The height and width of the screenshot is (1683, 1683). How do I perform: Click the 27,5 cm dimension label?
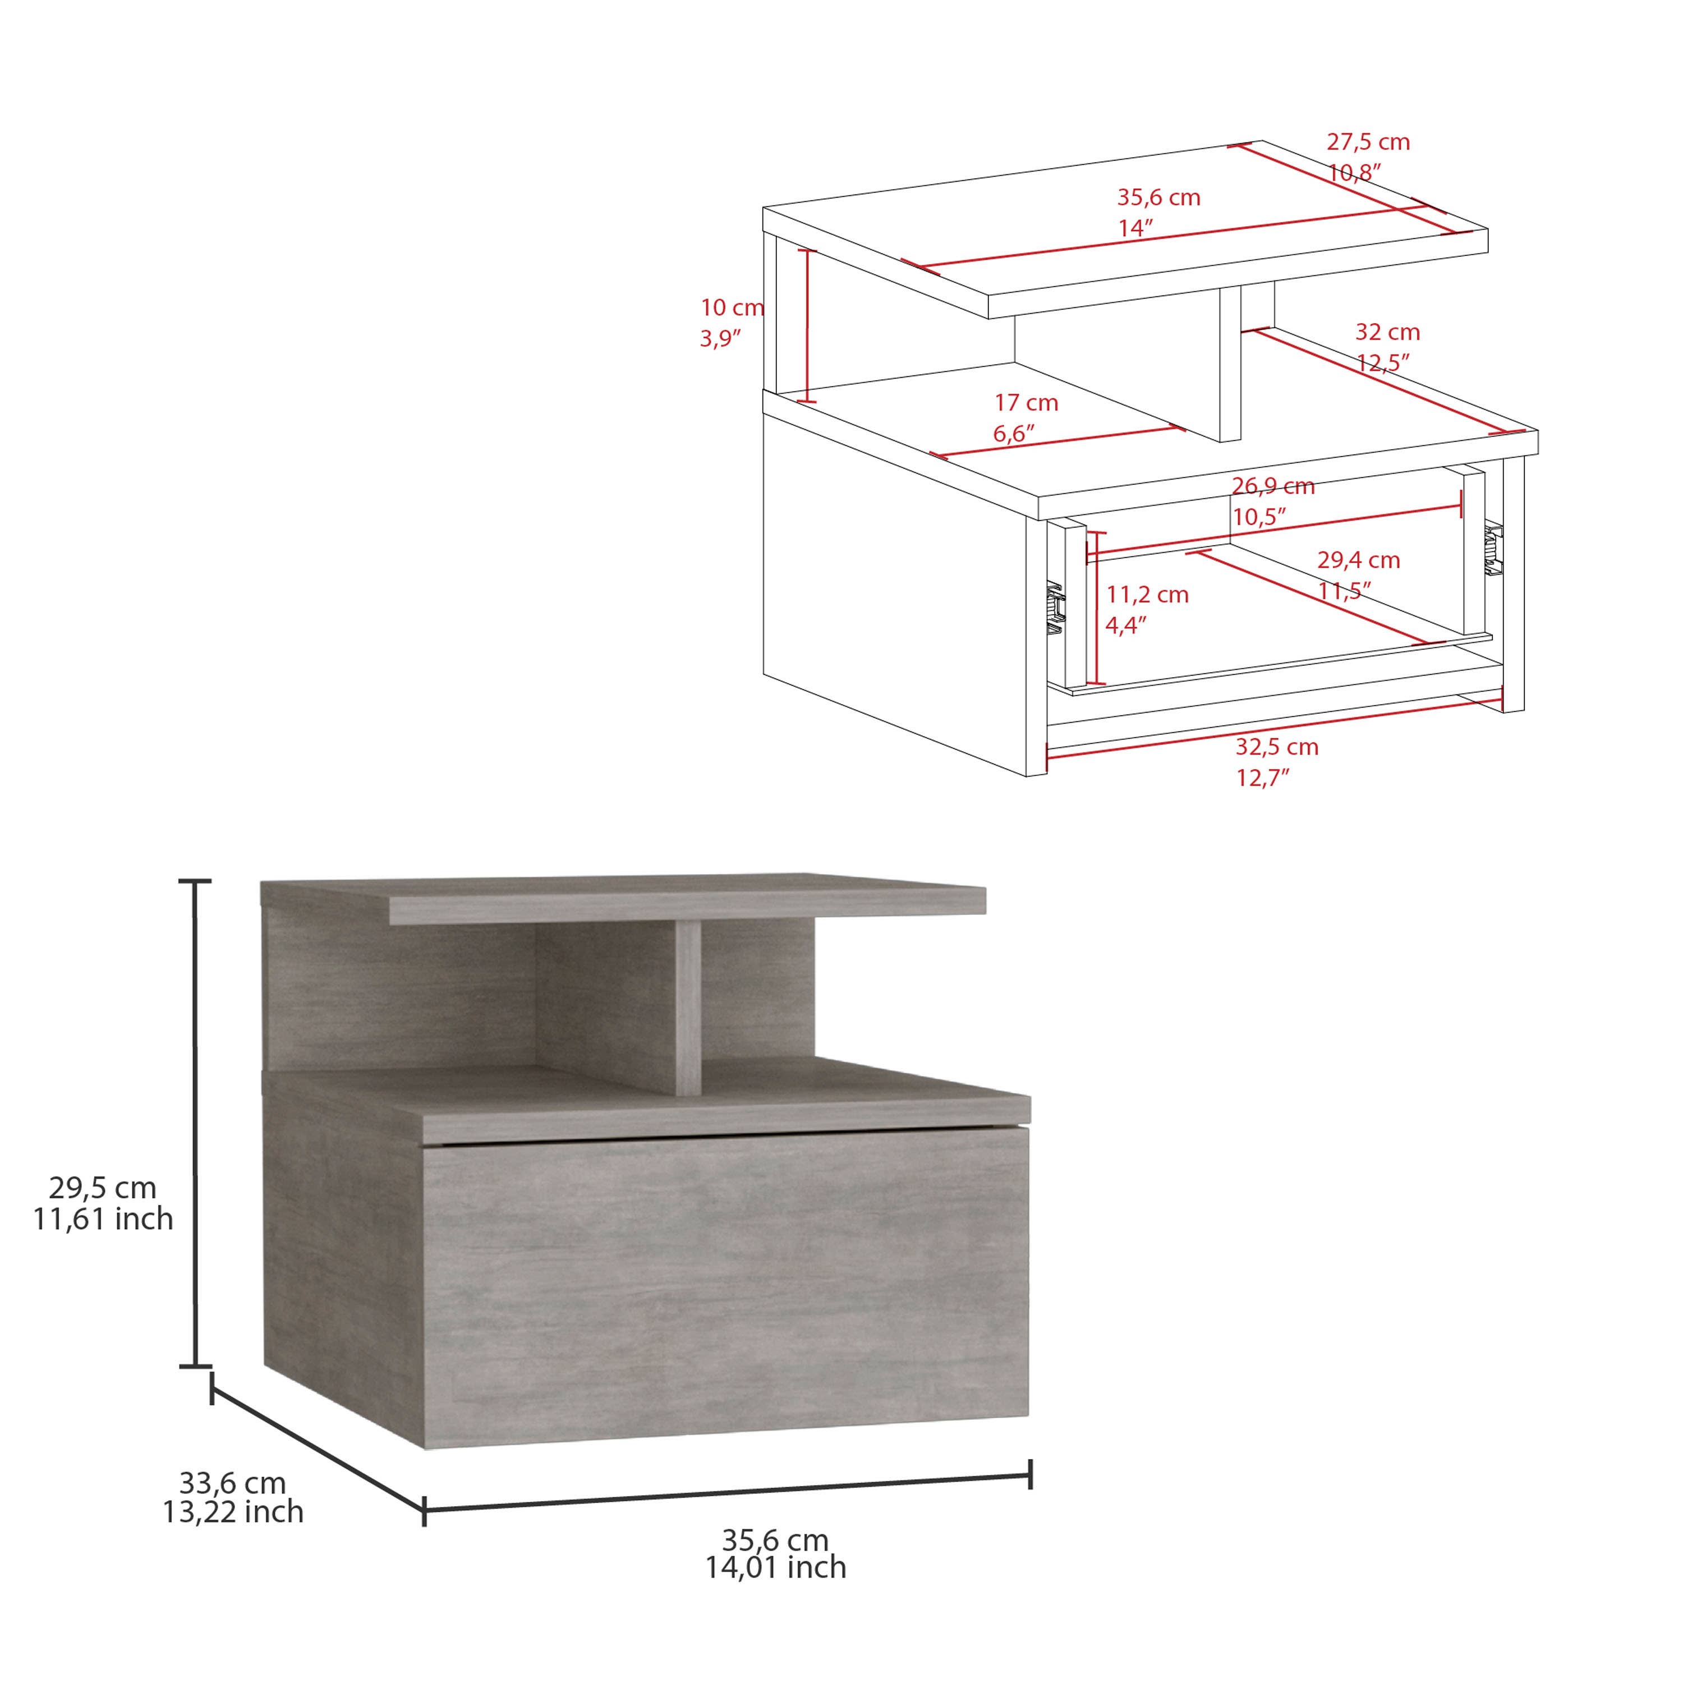[1368, 142]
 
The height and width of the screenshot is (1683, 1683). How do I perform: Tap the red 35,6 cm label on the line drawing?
[1158, 197]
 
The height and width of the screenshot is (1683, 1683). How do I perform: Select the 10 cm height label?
[732, 307]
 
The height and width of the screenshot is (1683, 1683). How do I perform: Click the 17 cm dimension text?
[1026, 403]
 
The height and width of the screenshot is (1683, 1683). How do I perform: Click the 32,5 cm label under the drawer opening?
[1277, 747]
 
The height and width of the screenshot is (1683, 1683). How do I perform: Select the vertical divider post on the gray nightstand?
[688, 1010]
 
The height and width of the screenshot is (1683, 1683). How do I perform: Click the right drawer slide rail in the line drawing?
[1495, 550]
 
